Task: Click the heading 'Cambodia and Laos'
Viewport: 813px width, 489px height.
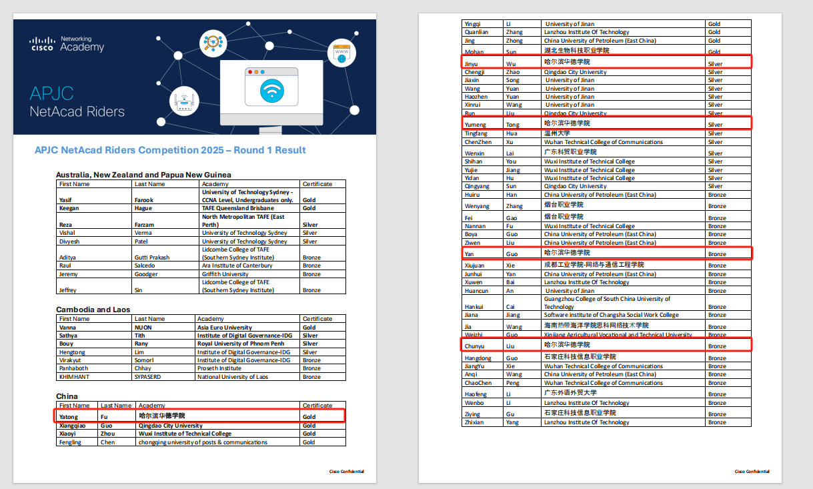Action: point(93,310)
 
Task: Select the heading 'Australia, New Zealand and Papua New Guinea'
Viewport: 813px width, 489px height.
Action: point(143,175)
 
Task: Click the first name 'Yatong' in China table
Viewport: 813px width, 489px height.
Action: point(69,416)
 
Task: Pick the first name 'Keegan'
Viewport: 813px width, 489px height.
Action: point(69,208)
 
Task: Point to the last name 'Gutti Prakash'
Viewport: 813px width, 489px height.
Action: point(152,258)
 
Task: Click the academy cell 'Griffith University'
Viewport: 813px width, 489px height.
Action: point(225,274)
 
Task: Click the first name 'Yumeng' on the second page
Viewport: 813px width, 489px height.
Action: point(475,124)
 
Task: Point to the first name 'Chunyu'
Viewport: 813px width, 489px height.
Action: point(474,346)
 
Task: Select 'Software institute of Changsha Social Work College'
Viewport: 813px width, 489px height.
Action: point(611,315)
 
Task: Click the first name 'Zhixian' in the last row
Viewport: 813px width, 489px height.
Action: point(474,422)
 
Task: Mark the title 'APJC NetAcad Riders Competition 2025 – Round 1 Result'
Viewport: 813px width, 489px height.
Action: point(170,150)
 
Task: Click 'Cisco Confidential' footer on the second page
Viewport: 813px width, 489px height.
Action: point(752,472)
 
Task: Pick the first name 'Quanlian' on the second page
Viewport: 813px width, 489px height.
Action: point(476,32)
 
